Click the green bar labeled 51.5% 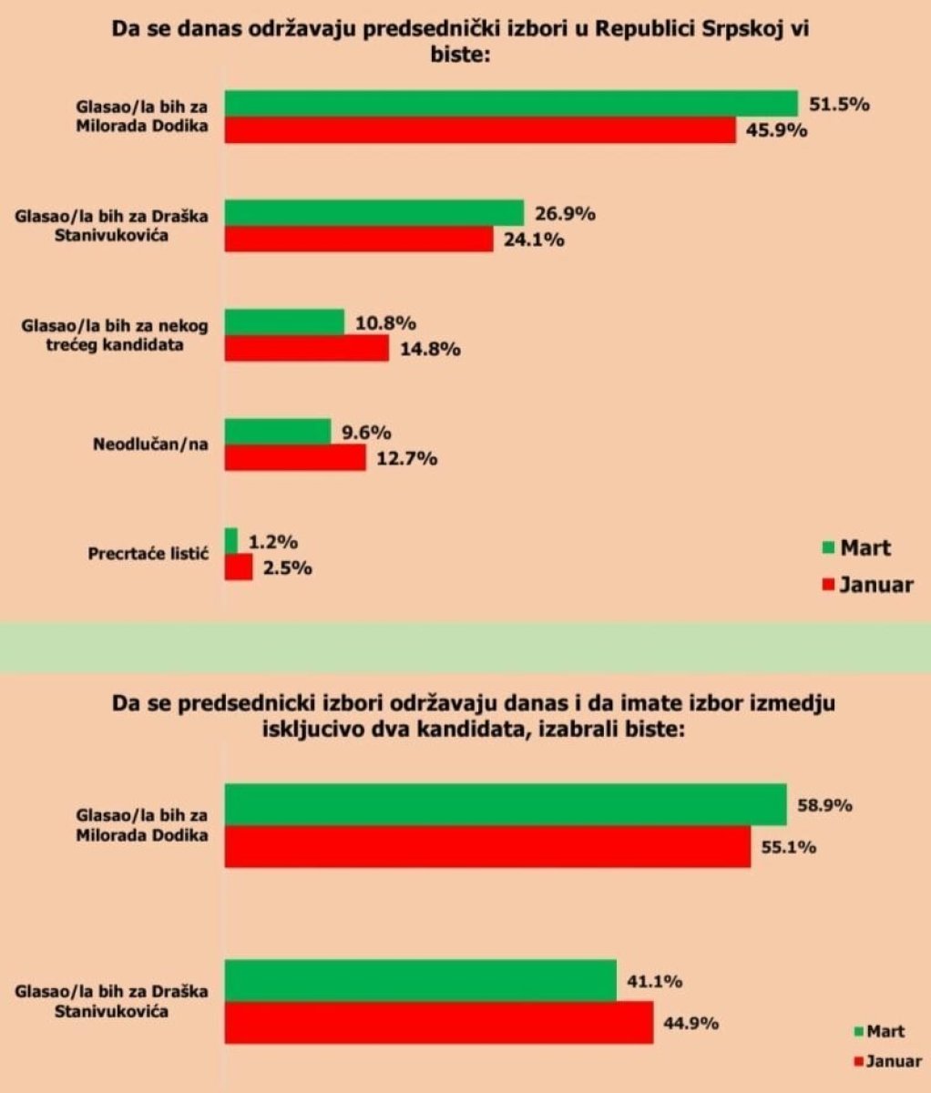[511, 104]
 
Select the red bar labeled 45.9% [480, 130]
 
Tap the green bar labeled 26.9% [374, 213]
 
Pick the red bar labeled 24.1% [359, 240]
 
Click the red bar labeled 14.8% [307, 349]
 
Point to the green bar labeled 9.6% [278, 432]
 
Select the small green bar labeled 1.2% [231, 541]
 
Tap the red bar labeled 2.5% [239, 567]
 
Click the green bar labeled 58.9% [506, 804]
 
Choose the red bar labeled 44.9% [439, 1022]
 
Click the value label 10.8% [385, 322]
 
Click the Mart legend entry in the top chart [855, 547]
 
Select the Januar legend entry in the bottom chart [887, 1060]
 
